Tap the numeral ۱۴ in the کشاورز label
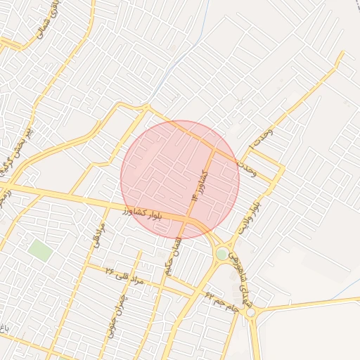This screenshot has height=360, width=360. [x=195, y=198]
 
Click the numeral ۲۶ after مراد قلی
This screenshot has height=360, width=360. [x=110, y=269]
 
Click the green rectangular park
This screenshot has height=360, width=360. [x=40, y=250]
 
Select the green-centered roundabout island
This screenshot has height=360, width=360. [x=222, y=254]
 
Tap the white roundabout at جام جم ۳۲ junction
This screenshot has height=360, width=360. [x=250, y=312]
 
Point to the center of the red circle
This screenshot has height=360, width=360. [x=180, y=180]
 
